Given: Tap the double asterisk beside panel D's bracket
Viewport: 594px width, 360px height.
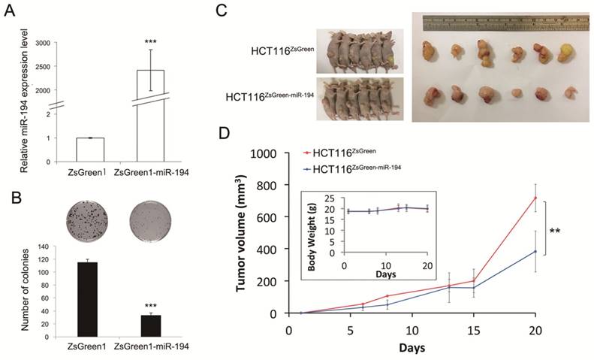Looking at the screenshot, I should pyautogui.click(x=576, y=224).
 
